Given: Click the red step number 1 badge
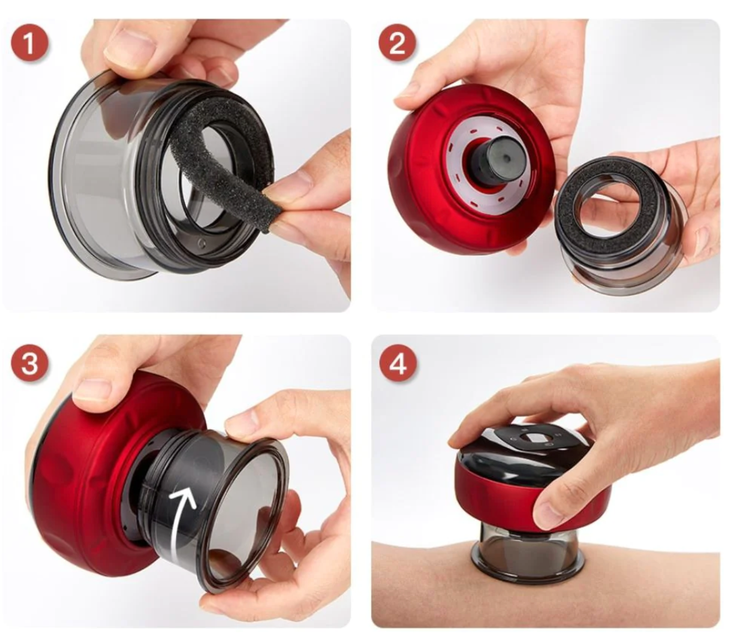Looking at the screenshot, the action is pos(29,46).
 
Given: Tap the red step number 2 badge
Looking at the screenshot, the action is pos(397,46).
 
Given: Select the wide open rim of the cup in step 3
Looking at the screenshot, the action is pos(245,518).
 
